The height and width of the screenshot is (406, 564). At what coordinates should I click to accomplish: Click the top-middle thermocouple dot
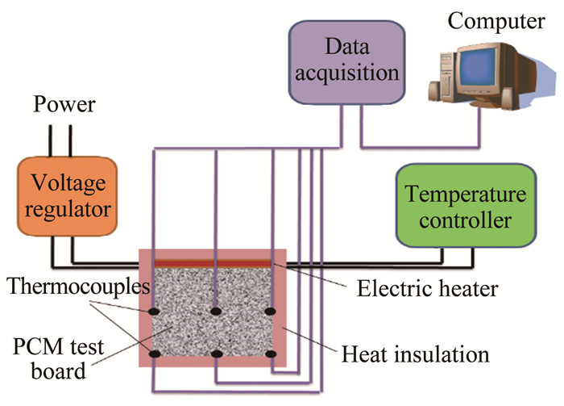click(215, 311)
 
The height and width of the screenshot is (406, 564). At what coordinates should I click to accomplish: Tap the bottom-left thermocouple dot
click(151, 354)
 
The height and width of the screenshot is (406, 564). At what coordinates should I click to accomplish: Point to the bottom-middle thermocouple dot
click(215, 354)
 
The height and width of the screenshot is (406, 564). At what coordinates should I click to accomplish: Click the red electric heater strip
click(213, 263)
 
